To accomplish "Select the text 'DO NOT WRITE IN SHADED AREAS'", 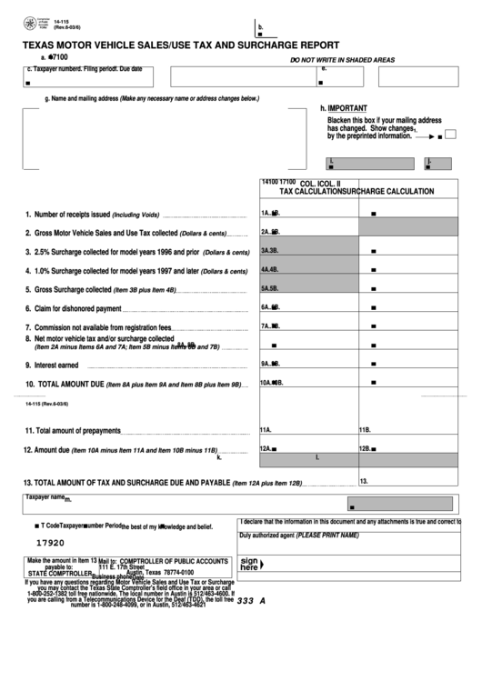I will click(342, 59).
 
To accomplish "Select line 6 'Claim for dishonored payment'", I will click(77, 308).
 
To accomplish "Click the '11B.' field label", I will click(365, 430).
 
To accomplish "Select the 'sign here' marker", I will click(249, 565).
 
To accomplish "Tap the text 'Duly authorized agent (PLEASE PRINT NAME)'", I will click(299, 536).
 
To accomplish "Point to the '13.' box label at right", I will click(364, 481).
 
